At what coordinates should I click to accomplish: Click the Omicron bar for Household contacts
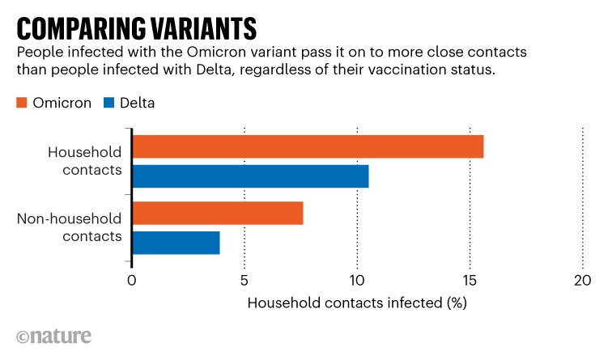(x=308, y=147)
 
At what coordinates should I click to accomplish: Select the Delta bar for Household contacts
(x=250, y=176)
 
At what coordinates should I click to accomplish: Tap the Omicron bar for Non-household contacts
(x=217, y=214)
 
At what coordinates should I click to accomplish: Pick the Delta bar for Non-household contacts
(x=176, y=243)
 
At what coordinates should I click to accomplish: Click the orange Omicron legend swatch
(x=22, y=103)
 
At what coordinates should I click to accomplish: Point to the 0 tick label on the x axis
(x=132, y=281)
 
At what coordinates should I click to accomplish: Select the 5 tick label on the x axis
(x=244, y=281)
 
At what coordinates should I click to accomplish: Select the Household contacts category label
(x=85, y=161)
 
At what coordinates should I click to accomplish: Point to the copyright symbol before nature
(x=23, y=337)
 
